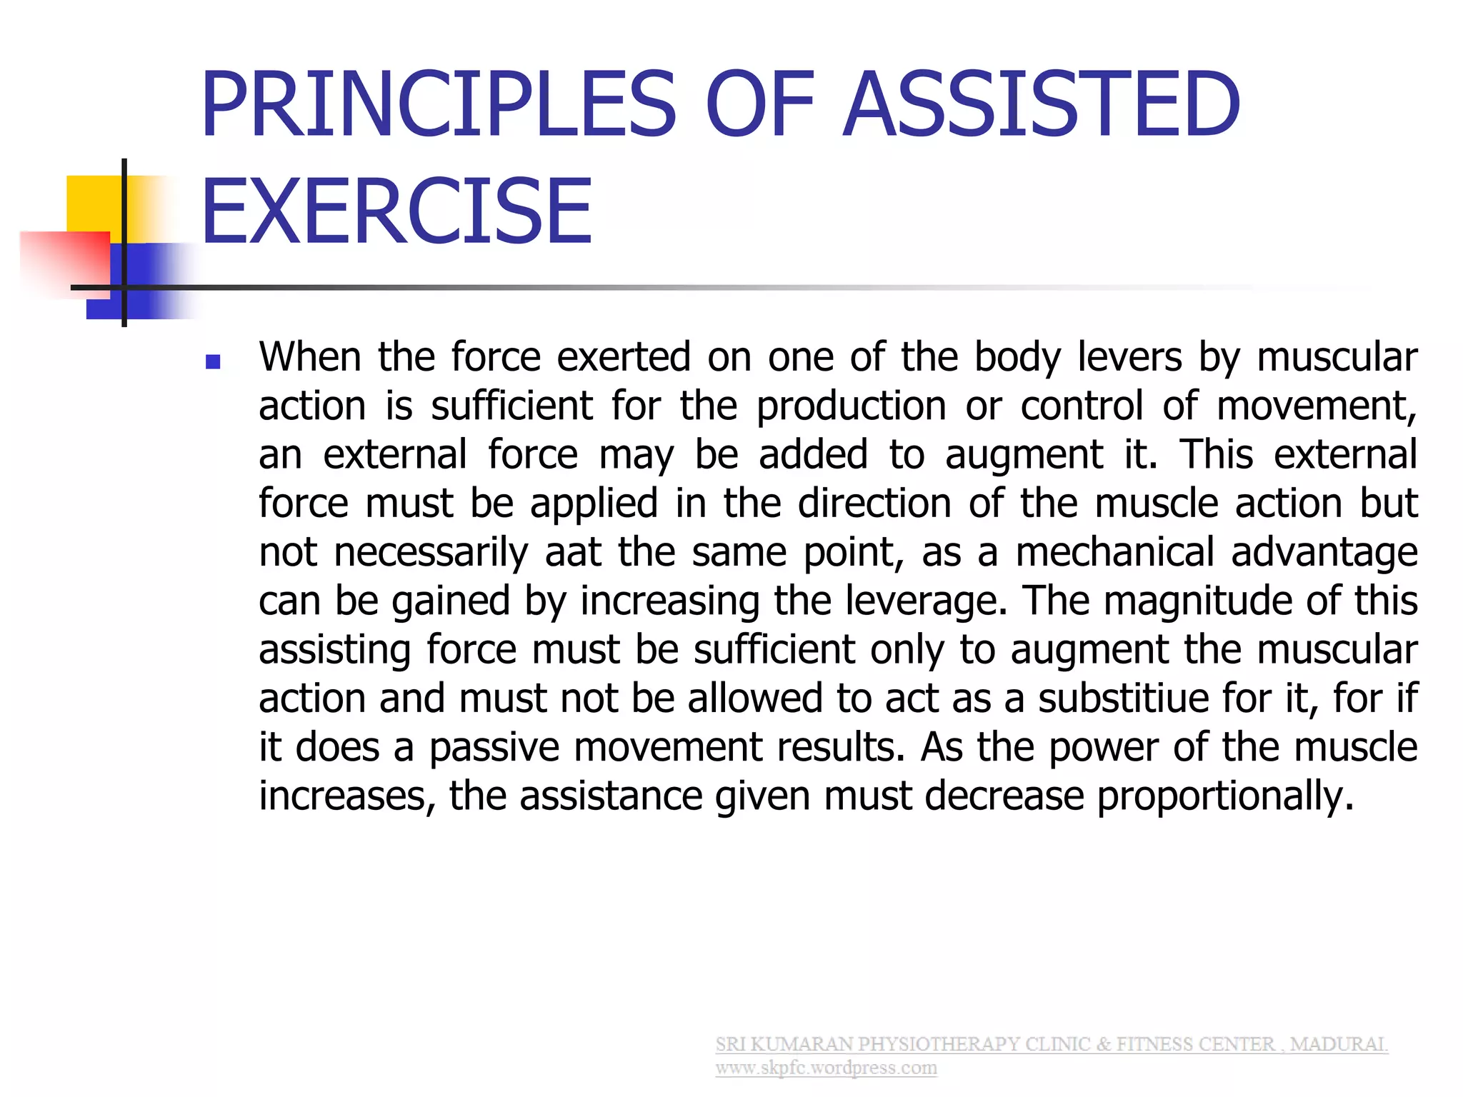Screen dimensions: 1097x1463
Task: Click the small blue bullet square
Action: coord(212,362)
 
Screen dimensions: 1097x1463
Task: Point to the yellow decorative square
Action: coord(93,204)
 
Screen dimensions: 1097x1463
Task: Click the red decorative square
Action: coord(64,261)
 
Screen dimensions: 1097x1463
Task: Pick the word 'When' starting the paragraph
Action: coord(310,356)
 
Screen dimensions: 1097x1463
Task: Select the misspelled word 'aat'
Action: coord(573,552)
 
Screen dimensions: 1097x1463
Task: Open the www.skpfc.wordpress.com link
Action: coord(826,1068)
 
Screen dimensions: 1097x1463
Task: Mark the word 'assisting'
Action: coord(334,650)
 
